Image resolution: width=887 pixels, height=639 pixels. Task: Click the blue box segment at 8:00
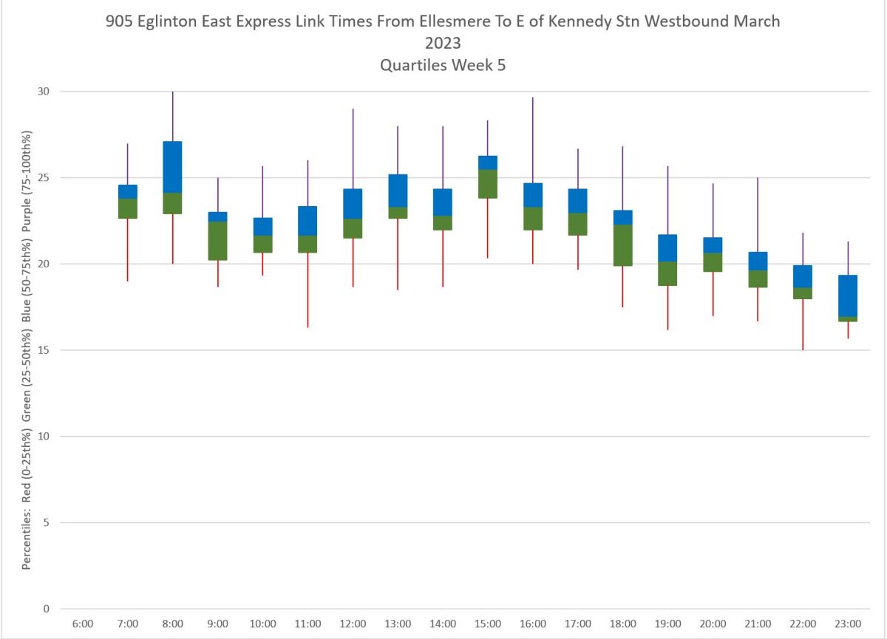tap(172, 167)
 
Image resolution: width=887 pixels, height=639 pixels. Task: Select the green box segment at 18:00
tap(623, 245)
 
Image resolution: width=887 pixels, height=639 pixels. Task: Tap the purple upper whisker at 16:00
tap(533, 140)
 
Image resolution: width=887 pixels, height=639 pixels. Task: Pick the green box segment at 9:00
tap(217, 241)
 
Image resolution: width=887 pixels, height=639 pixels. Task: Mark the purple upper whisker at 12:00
tap(353, 148)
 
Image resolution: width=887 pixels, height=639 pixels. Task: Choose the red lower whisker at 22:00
tap(803, 325)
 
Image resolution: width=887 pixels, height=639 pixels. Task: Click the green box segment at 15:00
tap(488, 184)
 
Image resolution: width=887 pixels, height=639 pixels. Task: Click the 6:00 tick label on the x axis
tap(82, 624)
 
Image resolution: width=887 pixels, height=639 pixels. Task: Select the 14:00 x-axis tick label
tap(443, 624)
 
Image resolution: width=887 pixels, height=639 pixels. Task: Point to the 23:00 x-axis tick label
tap(848, 624)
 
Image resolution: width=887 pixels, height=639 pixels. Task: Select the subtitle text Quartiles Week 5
tap(443, 65)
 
